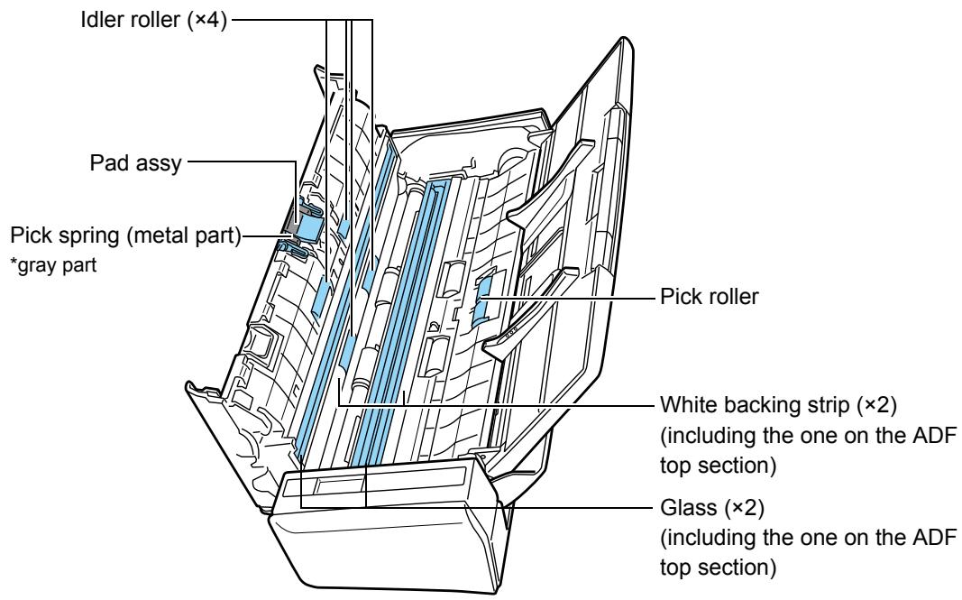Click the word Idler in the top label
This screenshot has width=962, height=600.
click(x=100, y=20)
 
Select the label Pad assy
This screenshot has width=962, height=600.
click(x=135, y=163)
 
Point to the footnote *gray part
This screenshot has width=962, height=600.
click(x=54, y=265)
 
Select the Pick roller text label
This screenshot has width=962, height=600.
click(x=709, y=297)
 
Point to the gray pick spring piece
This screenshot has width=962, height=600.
click(x=289, y=227)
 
